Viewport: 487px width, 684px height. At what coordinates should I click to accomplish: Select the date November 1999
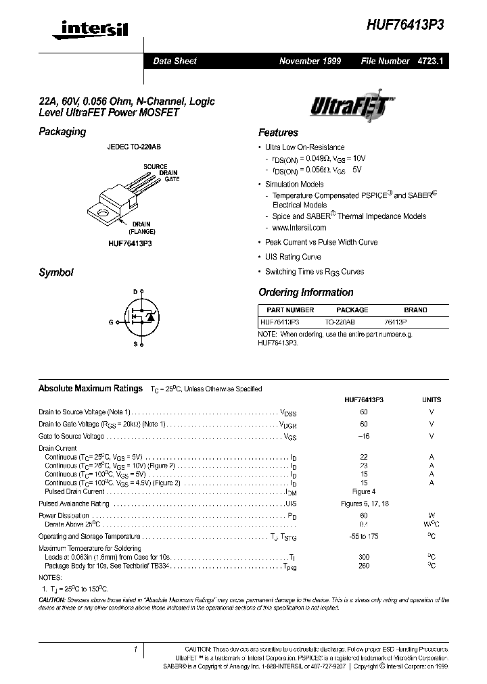pyautogui.click(x=310, y=61)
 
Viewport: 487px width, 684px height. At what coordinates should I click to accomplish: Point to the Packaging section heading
pyautogui.click(x=62, y=132)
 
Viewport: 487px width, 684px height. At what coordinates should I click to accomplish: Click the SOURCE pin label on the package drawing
pyautogui.click(x=155, y=166)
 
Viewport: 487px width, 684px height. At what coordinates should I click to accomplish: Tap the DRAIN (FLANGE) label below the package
pyautogui.click(x=141, y=227)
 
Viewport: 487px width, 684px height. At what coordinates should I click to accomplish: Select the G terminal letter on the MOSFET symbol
pyautogui.click(x=110, y=322)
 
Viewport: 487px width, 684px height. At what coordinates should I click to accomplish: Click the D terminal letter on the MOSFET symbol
pyautogui.click(x=135, y=291)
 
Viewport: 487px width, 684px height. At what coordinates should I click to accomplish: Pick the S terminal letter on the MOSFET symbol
pyautogui.click(x=135, y=345)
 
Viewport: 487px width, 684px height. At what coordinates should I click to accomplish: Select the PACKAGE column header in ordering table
pyautogui.click(x=352, y=310)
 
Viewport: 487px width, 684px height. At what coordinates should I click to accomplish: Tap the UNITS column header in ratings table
pyautogui.click(x=431, y=399)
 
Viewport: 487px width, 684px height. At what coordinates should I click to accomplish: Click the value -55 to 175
pyautogui.click(x=364, y=536)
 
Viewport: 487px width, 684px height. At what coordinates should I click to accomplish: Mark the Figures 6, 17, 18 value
pyautogui.click(x=364, y=504)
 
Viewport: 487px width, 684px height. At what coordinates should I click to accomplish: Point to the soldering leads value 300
pyautogui.click(x=364, y=557)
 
